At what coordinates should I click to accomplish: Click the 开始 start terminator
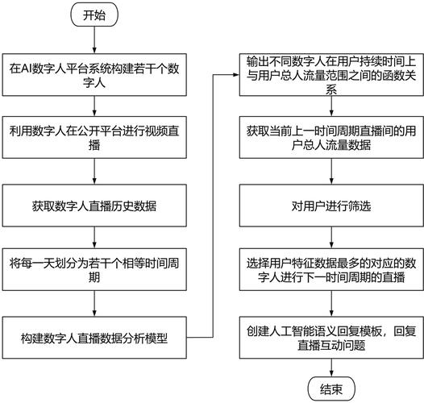[94, 15]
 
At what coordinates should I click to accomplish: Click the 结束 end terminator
[330, 388]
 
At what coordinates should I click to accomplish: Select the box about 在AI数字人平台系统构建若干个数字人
[95, 73]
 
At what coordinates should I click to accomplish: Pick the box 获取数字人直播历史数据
[95, 204]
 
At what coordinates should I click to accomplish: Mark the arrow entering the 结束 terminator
[330, 366]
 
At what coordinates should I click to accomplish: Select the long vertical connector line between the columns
[212, 201]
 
